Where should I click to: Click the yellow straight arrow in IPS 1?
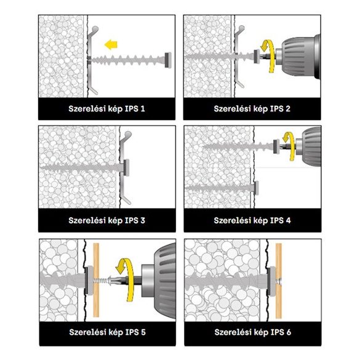[x=111, y=44]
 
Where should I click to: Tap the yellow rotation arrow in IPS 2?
[x=270, y=55]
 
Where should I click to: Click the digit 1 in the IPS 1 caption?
[x=143, y=108]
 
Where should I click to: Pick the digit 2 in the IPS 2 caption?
[x=288, y=108]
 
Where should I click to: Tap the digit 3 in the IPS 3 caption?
[x=143, y=220]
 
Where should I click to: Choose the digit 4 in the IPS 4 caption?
[x=288, y=220]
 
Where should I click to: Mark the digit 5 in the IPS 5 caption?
[x=143, y=332]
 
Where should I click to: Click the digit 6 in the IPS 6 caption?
[x=289, y=332]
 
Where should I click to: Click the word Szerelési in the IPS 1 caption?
[x=87, y=108]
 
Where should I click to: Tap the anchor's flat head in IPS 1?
[x=168, y=60]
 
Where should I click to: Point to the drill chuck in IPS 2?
[x=298, y=57]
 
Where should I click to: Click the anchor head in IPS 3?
[x=126, y=167]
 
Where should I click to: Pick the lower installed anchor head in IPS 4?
[x=256, y=188]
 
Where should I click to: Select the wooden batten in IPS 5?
[x=96, y=280]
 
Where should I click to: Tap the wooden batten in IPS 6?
[x=279, y=281]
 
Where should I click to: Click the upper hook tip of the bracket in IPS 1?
[x=95, y=29]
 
